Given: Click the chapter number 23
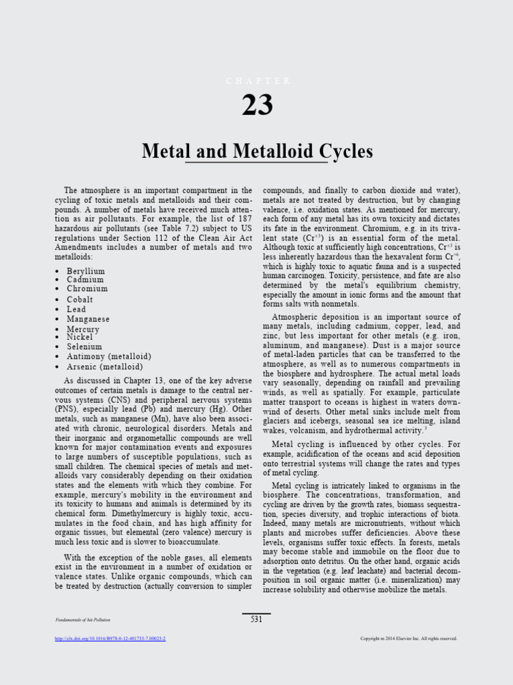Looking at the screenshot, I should (257, 106).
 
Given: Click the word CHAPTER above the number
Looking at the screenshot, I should (258, 81).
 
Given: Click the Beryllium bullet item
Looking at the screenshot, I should (85, 271).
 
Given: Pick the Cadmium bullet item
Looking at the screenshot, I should (85, 280).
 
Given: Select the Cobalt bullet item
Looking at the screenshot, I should (79, 300).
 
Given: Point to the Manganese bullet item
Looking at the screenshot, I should (88, 319).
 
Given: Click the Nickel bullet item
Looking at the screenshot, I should (79, 337).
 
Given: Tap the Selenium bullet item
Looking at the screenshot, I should (84, 347).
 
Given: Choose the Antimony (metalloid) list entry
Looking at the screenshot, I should (109, 357).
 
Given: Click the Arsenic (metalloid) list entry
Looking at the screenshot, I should (105, 367).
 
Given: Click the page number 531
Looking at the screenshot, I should (256, 619).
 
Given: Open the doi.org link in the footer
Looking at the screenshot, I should (110, 639).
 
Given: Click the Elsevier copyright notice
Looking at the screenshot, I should (409, 639).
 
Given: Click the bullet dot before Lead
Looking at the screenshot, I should (58, 310).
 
